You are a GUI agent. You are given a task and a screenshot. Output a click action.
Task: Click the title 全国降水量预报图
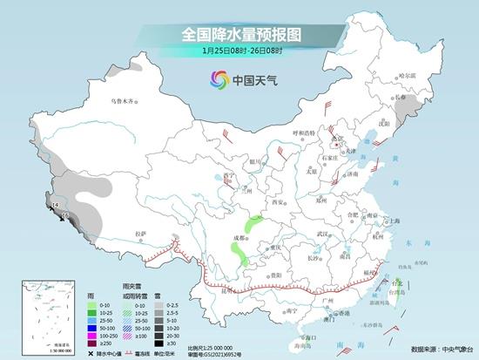tap(239, 34)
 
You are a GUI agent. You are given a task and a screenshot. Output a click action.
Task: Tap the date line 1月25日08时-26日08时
tap(239, 52)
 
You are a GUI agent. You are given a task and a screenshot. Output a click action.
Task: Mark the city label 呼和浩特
tap(306, 133)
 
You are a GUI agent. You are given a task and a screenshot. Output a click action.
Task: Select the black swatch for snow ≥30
tap(149, 345)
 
